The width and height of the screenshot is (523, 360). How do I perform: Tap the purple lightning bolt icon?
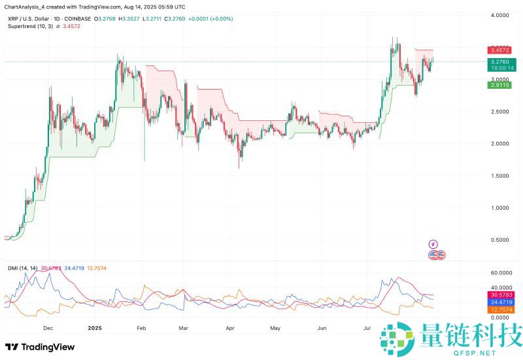(x=433, y=244)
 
